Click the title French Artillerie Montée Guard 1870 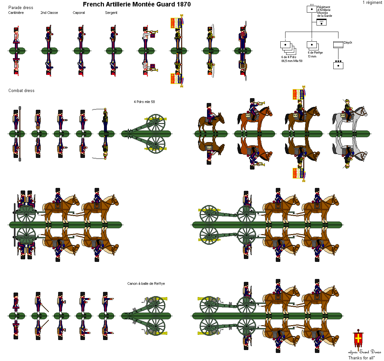point(137,5)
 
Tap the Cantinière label point(16,13)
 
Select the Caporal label point(79,13)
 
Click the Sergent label point(111,13)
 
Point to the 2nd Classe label point(49,13)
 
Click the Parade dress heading point(21,8)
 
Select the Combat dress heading point(21,91)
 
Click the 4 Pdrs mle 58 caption point(144,102)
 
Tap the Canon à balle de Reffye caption point(146,284)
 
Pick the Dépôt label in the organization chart point(348,43)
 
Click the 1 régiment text point(372,3)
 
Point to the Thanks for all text point(361,358)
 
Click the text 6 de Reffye point(315,53)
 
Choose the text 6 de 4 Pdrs point(289,57)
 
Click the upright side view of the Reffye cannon point(152,304)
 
